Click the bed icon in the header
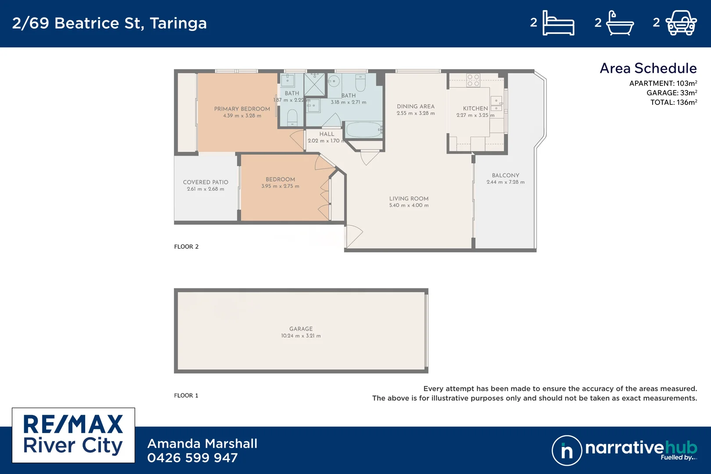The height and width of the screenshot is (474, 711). click(558, 23)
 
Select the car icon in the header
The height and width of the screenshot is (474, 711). click(681, 23)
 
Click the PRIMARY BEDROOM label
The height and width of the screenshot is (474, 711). click(242, 109)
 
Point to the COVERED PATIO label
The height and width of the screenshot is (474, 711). click(205, 182)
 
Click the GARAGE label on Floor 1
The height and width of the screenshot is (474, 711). click(301, 329)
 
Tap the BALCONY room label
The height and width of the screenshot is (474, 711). click(505, 175)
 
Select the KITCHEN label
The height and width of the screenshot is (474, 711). click(475, 108)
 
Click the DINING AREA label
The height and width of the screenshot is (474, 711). click(415, 106)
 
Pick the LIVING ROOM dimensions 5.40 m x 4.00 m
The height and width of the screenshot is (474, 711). click(409, 205)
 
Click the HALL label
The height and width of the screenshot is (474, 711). click(327, 134)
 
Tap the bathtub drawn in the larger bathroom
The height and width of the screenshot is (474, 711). click(363, 130)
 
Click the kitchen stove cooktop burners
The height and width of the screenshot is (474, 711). click(473, 80)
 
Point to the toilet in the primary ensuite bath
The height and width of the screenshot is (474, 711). click(292, 118)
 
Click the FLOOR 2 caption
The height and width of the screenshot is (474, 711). click(186, 247)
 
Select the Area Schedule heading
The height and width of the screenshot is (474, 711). click(648, 68)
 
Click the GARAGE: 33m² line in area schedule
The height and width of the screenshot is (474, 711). click(671, 93)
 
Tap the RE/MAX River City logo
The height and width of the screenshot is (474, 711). click(73, 435)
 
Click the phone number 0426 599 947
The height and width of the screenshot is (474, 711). click(192, 458)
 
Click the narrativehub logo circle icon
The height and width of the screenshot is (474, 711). click(567, 450)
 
